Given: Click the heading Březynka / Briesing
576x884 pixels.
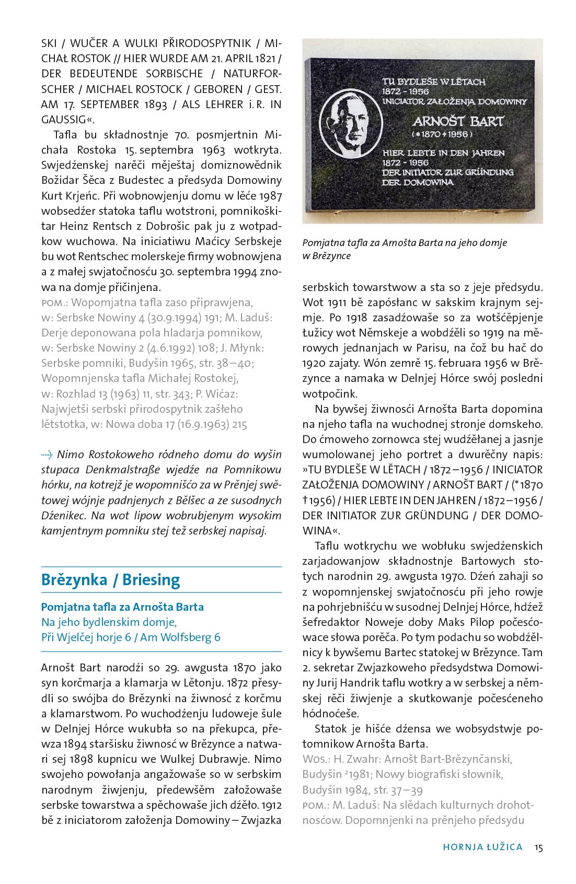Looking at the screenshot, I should [110, 580].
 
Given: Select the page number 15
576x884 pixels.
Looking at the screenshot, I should [538, 847].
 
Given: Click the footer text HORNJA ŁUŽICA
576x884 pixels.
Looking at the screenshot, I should [482, 847].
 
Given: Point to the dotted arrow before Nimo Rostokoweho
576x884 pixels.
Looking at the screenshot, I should [47, 454].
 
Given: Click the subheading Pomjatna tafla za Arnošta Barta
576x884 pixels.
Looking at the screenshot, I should [122, 607].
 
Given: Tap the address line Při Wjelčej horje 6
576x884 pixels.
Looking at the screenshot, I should [86, 637].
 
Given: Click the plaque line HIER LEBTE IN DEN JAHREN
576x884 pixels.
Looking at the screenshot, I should [443, 153].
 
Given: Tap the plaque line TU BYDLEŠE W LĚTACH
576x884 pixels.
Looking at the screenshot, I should [434, 82].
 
